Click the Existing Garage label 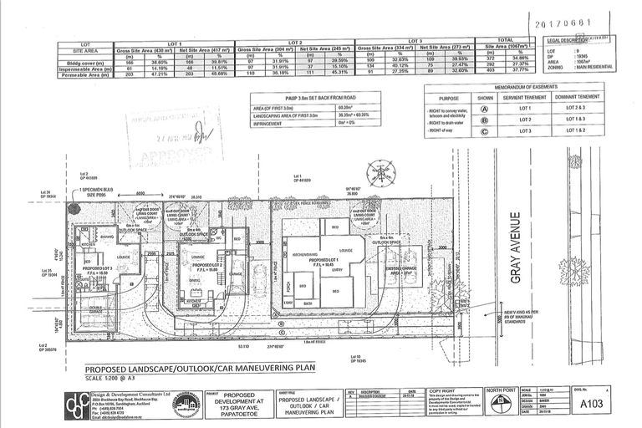404,268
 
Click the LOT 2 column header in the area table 294,42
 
